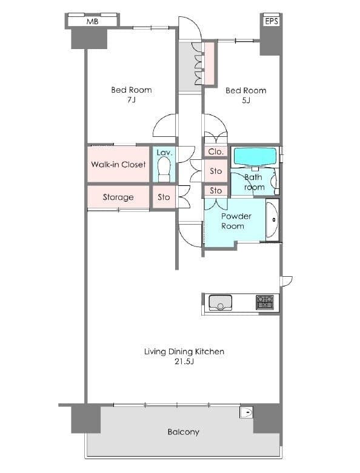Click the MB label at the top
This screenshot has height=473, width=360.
[x=92, y=21]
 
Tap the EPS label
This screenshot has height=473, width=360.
[x=272, y=21]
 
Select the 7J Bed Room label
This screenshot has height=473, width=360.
[x=132, y=94]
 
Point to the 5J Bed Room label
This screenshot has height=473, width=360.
[x=246, y=95]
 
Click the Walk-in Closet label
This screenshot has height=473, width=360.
[x=118, y=164]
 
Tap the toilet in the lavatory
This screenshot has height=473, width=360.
[x=164, y=170]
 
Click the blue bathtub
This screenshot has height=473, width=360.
[x=255, y=157]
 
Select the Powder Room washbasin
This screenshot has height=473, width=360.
[x=273, y=219]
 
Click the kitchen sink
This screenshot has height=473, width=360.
[x=221, y=303]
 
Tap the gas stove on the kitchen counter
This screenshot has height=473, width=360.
[x=265, y=302]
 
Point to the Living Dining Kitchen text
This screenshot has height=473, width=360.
[x=184, y=352]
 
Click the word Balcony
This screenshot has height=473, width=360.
[x=184, y=432]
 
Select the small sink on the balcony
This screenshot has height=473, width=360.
[x=246, y=412]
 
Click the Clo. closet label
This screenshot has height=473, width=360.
[x=216, y=152]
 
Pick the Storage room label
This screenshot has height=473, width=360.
[x=118, y=197]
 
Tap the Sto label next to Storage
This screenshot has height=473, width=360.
[x=164, y=197]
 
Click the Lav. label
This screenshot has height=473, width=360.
[x=164, y=153]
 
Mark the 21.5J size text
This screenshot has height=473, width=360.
[x=184, y=362]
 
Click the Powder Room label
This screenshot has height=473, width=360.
[x=236, y=221]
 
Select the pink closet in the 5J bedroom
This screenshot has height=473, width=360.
[x=210, y=64]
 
